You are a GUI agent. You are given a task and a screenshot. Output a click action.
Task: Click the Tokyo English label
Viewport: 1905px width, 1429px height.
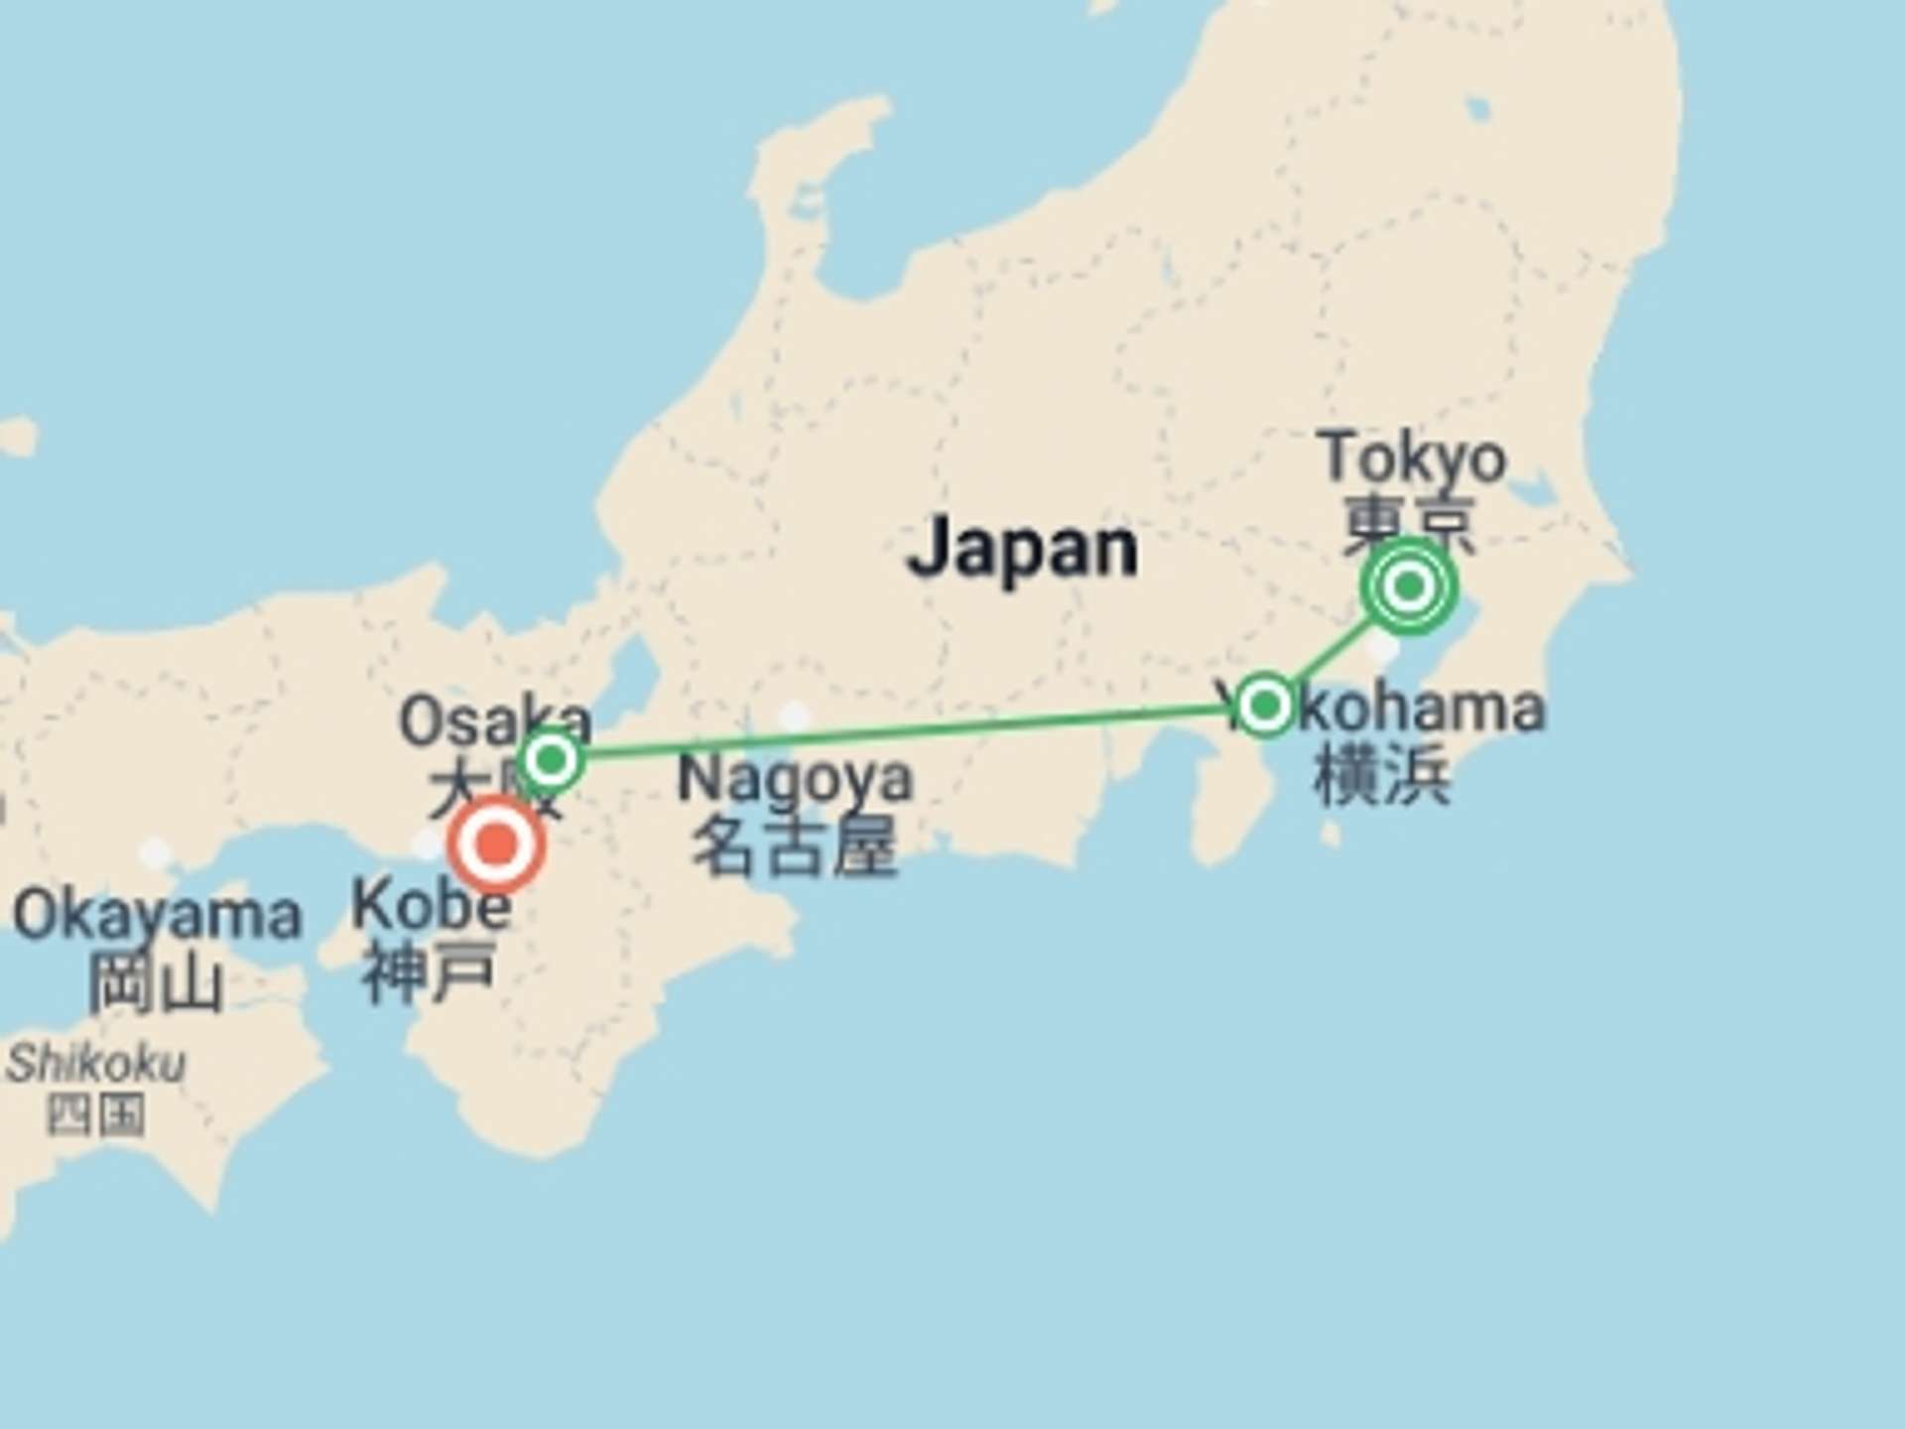(1412, 458)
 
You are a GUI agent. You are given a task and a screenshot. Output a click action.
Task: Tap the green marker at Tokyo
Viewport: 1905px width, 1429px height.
(1408, 587)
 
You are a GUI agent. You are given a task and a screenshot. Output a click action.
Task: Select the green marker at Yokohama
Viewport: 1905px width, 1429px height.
(1265, 706)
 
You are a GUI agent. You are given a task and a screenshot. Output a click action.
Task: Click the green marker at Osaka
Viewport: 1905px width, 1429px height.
(552, 761)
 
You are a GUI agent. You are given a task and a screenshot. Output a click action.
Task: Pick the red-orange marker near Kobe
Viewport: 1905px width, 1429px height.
(496, 844)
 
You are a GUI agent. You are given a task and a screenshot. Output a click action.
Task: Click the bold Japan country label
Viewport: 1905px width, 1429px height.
(1022, 548)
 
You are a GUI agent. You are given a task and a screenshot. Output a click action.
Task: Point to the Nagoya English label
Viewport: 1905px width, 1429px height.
(794, 779)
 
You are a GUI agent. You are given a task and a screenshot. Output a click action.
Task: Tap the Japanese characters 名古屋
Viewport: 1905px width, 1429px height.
(794, 846)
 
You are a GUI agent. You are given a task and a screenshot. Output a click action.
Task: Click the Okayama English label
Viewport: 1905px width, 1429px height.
(157, 915)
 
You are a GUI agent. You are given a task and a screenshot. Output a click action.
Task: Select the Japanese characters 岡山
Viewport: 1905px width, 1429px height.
(156, 982)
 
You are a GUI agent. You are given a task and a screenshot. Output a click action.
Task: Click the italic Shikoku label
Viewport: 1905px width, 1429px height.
(96, 1064)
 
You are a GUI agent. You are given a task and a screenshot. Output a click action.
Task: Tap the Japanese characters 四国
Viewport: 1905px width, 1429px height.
(96, 1115)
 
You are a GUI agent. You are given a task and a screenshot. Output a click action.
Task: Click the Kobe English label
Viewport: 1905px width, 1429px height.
(431, 905)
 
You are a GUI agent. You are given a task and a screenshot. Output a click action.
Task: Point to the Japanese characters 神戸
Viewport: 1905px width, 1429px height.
(429, 973)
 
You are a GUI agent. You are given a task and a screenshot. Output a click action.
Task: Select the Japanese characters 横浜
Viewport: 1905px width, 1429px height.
(1381, 774)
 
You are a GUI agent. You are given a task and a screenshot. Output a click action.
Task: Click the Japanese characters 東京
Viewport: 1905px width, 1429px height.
(1409, 521)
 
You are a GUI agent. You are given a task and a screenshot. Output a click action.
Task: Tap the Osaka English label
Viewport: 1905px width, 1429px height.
(493, 719)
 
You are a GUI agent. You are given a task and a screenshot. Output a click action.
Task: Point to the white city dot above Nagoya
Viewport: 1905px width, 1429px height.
(794, 715)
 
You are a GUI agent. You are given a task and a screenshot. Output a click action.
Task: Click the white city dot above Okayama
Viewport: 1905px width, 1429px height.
(155, 852)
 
